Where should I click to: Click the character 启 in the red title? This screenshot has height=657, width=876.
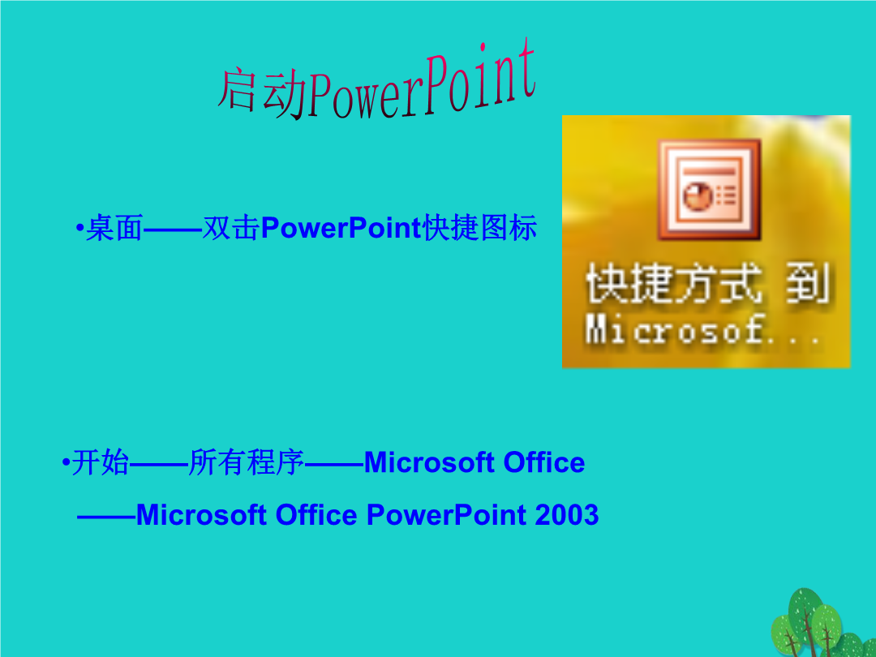(237, 90)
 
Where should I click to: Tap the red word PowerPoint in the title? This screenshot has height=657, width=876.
(422, 82)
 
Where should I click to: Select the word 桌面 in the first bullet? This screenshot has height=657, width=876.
(114, 228)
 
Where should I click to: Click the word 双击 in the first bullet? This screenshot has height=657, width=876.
(230, 228)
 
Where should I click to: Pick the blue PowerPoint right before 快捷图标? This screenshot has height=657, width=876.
(341, 228)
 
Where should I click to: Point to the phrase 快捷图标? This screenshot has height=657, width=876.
(480, 228)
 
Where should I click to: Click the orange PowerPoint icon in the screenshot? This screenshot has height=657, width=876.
(709, 189)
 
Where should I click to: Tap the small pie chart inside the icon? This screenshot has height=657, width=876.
(698, 196)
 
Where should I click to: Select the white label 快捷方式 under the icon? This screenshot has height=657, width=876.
(673, 285)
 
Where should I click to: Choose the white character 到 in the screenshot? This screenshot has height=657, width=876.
(807, 285)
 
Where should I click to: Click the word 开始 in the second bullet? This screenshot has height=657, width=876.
(101, 462)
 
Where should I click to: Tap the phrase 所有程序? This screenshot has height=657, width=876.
(247, 462)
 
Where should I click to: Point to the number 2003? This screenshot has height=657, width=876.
(566, 514)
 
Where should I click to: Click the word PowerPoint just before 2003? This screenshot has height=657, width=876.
(446, 514)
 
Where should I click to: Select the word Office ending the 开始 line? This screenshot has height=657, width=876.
(544, 462)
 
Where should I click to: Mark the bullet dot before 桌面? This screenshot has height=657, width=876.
(79, 229)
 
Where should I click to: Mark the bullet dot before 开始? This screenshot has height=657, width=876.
(66, 463)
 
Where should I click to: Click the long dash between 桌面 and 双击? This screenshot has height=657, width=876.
(173, 230)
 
